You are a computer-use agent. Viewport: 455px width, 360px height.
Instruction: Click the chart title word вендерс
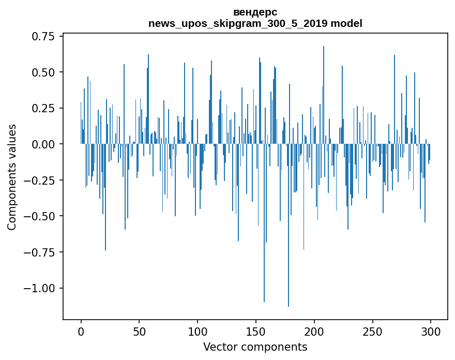pos(255,12)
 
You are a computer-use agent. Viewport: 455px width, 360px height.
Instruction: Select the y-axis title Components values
pos(12,177)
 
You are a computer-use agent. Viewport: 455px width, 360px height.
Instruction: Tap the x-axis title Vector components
pos(255,347)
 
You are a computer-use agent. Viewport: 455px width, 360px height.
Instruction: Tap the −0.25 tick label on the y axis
pos(40,180)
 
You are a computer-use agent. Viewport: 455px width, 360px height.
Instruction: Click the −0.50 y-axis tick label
pos(40,216)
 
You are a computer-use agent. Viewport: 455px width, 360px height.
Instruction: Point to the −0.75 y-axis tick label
pos(40,252)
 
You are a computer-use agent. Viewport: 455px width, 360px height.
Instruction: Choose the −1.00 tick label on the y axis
pos(40,288)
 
